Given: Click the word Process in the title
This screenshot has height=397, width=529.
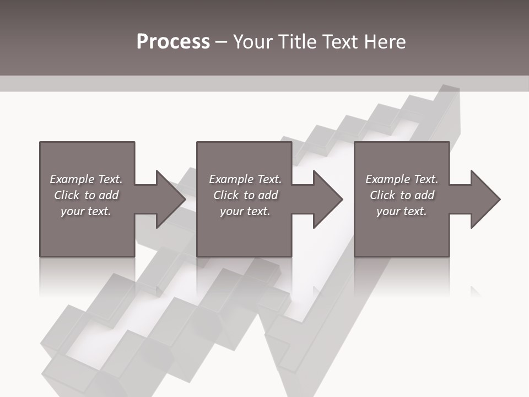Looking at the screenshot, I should pyautogui.click(x=173, y=42).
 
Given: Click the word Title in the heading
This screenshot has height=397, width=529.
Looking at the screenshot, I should pyautogui.click(x=298, y=42).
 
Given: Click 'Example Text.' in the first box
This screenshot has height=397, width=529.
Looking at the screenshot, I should pyautogui.click(x=86, y=179).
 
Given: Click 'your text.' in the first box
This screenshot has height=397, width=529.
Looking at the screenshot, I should pyautogui.click(x=86, y=211).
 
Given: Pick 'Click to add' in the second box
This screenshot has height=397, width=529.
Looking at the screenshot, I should pyautogui.click(x=245, y=195).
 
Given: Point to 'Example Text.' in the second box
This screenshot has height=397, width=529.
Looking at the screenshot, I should pyautogui.click(x=245, y=179).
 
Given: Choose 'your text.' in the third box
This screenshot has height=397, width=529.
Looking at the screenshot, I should pyautogui.click(x=401, y=211).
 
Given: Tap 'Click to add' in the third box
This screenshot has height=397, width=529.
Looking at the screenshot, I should pyautogui.click(x=402, y=195).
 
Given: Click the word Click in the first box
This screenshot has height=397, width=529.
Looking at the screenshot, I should pyautogui.click(x=67, y=195).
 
